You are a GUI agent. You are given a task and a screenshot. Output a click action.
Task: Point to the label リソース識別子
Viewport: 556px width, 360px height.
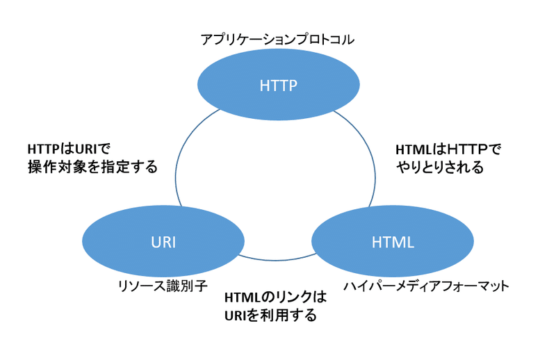[x=162, y=285]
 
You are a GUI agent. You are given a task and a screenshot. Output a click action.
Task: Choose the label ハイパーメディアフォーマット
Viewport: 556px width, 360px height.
[x=427, y=285]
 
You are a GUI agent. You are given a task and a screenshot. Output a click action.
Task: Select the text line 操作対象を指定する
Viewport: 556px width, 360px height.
[x=92, y=167]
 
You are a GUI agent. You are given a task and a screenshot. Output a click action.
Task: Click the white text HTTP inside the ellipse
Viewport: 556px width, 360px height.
[x=278, y=86]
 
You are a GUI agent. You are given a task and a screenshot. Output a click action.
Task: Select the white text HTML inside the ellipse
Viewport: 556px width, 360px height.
[x=393, y=243]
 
